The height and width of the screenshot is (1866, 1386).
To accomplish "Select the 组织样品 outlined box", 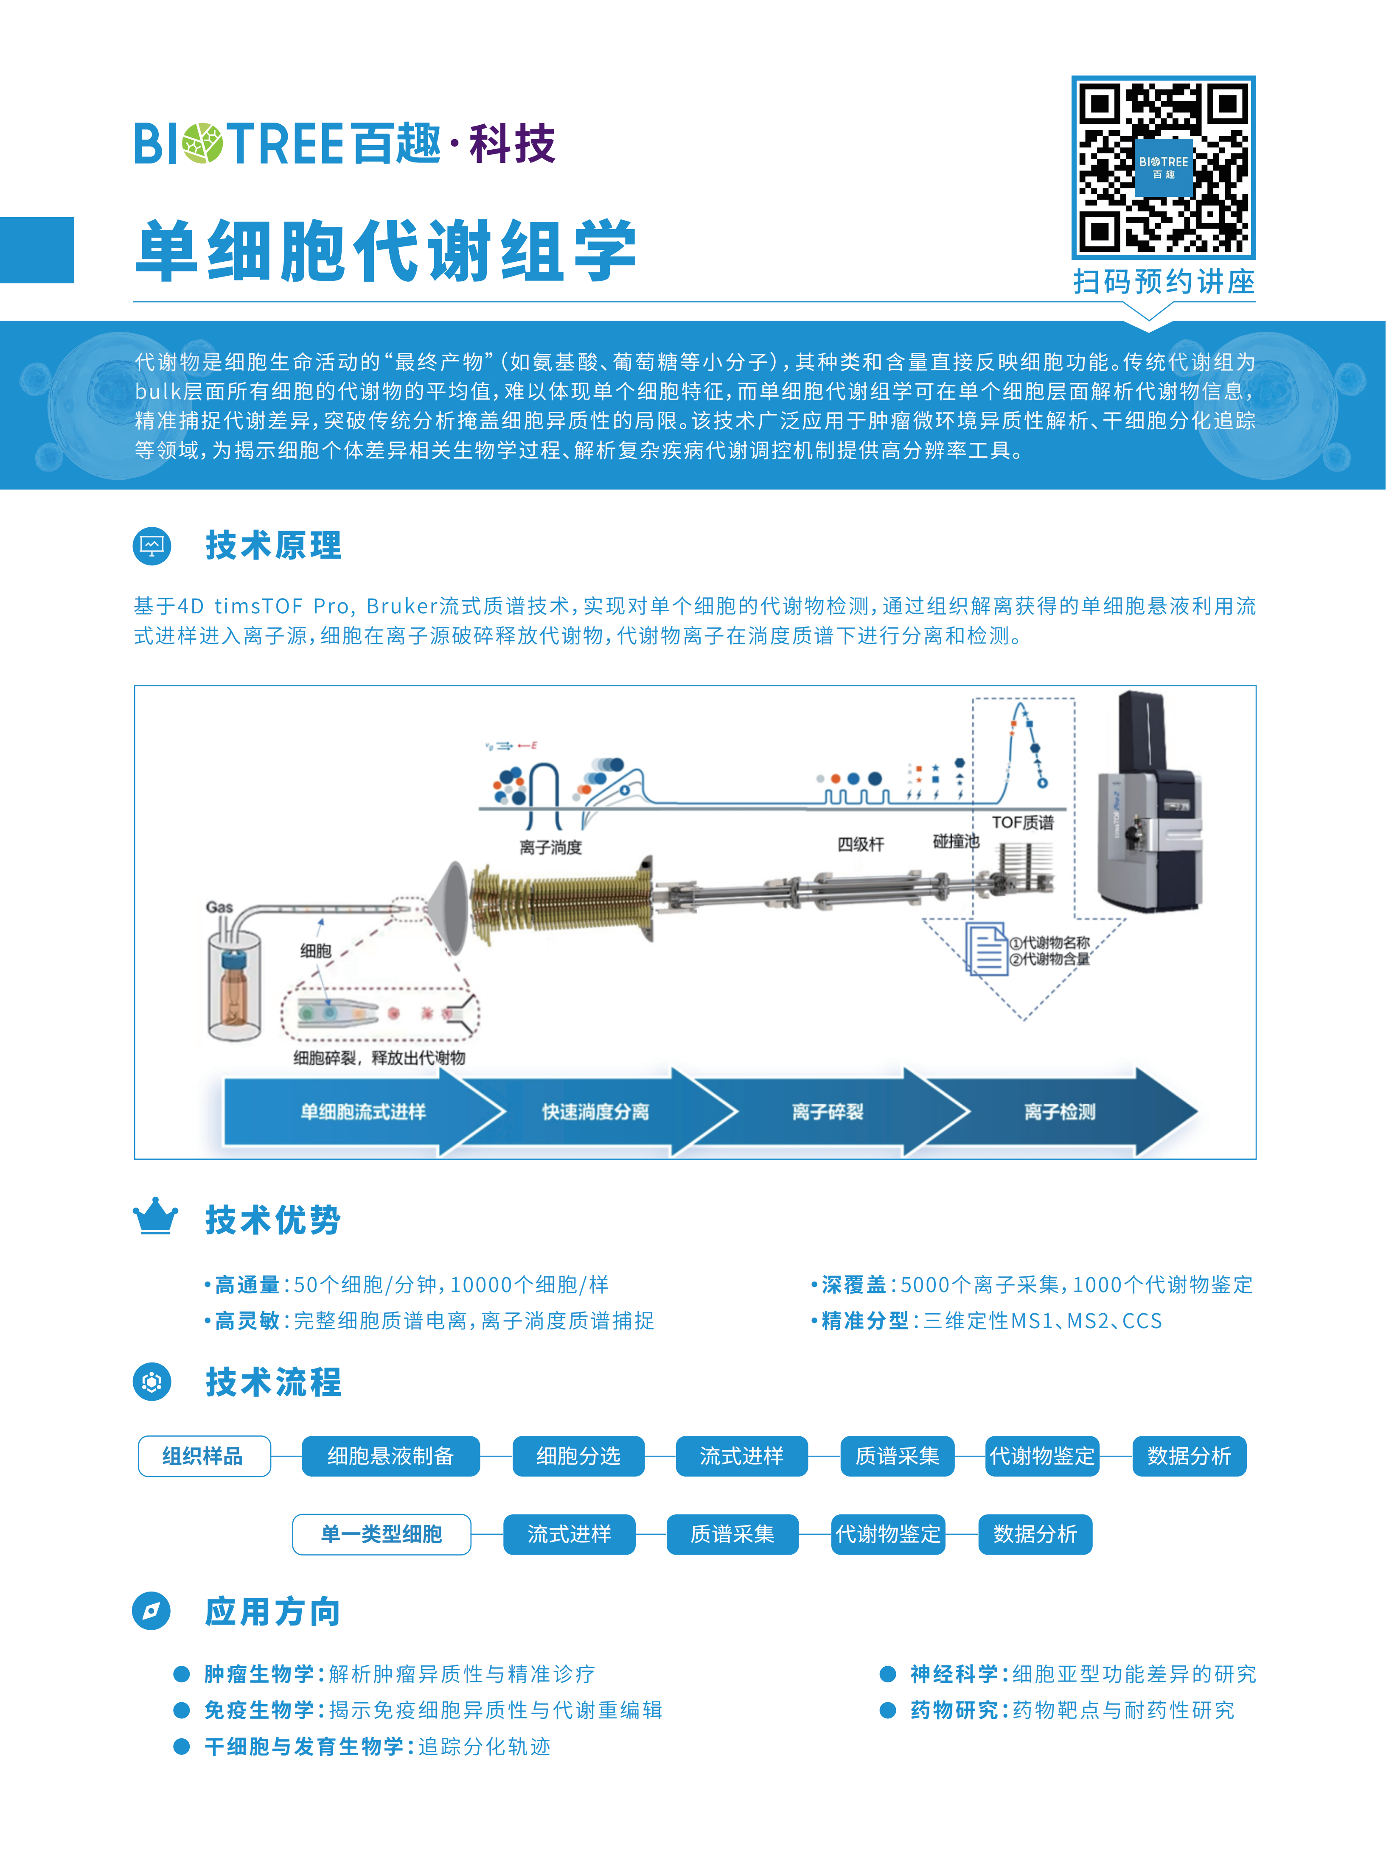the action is point(204,1456).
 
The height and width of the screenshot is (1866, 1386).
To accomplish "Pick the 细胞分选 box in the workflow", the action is point(578,1456).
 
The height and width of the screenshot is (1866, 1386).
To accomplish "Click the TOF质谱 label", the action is point(1023,823).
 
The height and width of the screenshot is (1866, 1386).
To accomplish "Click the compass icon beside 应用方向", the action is point(152,1611).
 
